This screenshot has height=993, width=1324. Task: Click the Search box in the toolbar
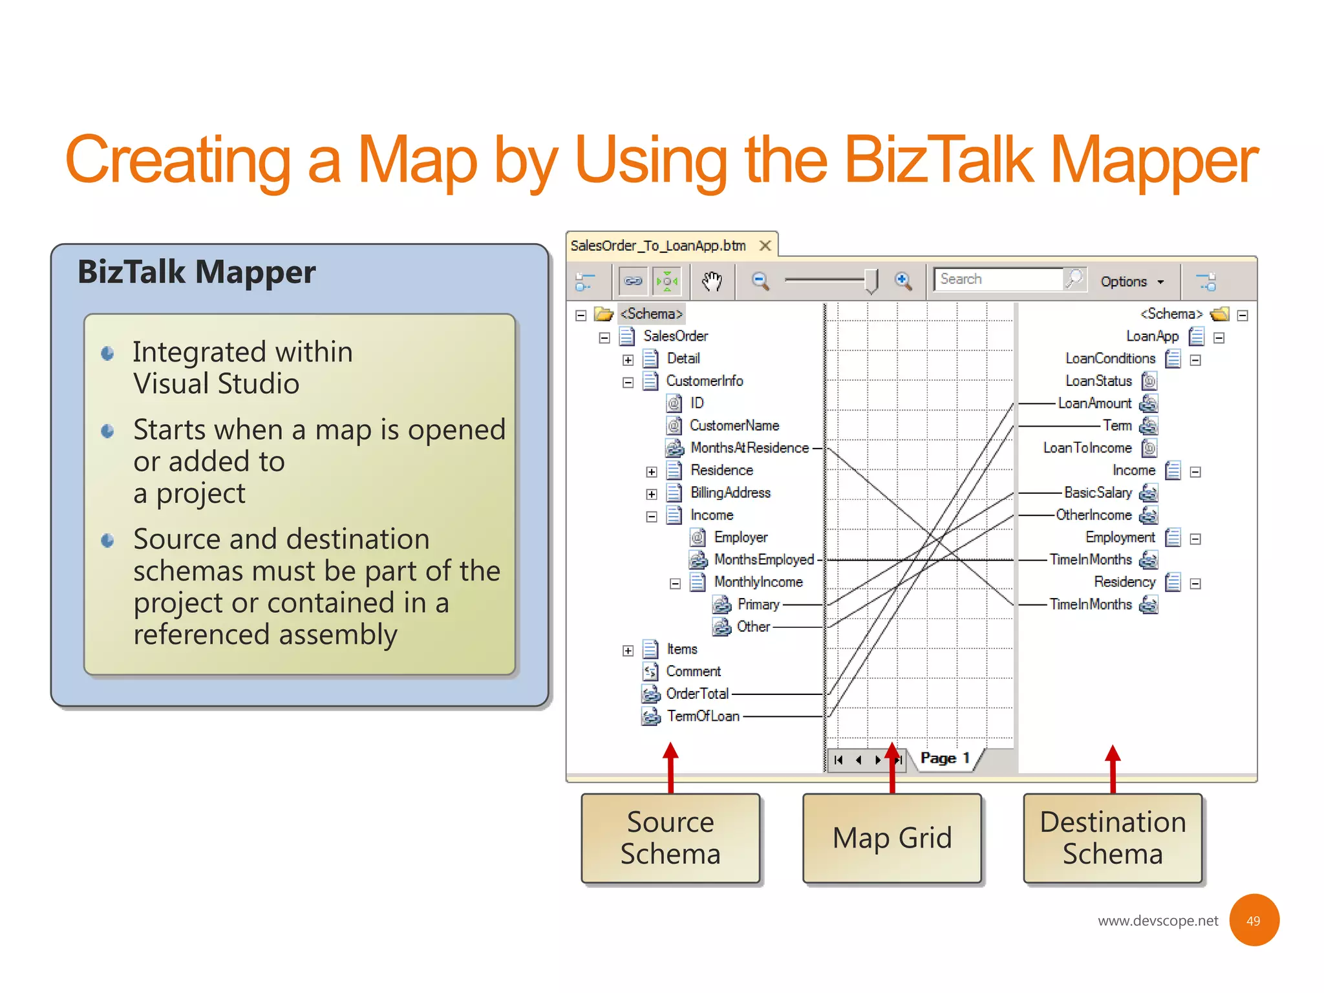[x=998, y=279]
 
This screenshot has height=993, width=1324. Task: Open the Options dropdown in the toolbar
[x=1131, y=282]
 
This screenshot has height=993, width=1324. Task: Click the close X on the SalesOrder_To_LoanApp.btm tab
[x=765, y=246]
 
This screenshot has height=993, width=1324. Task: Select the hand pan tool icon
[x=712, y=281]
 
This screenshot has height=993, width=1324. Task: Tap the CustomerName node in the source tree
[x=734, y=425]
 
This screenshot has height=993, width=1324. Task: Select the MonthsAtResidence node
[x=749, y=448]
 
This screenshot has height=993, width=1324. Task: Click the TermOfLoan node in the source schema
[x=703, y=716]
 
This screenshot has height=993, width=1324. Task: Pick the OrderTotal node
[x=697, y=694]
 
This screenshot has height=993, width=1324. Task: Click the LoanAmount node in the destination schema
[x=1094, y=403]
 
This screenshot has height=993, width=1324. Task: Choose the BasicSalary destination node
[x=1098, y=493]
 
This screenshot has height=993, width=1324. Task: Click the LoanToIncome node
[x=1087, y=448]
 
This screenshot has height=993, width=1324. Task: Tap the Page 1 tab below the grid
[x=945, y=758]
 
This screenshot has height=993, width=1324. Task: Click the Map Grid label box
[x=892, y=838]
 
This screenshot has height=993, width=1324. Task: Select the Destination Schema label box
[x=1113, y=838]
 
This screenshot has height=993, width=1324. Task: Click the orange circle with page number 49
[x=1254, y=921]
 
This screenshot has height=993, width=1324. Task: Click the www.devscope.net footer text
[x=1157, y=921]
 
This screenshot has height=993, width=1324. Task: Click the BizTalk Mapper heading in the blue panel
[x=197, y=272]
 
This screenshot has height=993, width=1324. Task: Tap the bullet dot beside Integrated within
[x=108, y=353]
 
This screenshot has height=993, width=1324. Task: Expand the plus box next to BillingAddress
[x=652, y=495]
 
